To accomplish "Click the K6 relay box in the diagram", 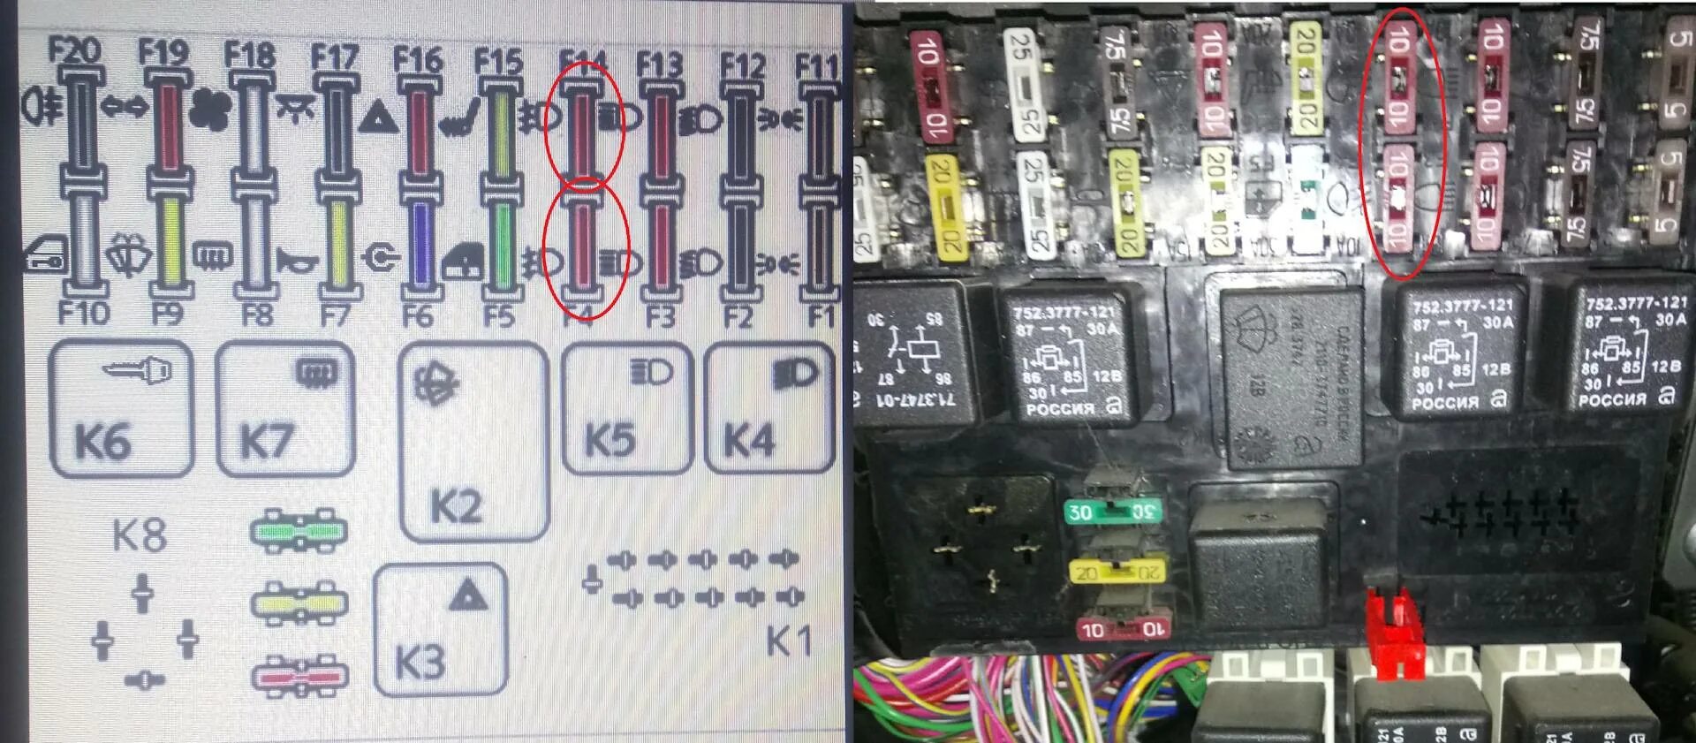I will (x=122, y=408).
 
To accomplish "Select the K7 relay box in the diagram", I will (x=285, y=409).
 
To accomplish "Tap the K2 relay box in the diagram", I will (x=473, y=442).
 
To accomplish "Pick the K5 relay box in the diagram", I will (x=627, y=409).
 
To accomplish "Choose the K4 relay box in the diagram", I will (x=769, y=408).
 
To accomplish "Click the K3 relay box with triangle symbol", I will (x=441, y=629).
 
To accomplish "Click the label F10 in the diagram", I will (x=83, y=313).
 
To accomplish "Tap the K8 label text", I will (x=140, y=535).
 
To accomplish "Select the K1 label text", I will (x=788, y=641).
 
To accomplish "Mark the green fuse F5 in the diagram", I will (x=502, y=243).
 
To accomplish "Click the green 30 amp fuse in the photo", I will (x=1111, y=512).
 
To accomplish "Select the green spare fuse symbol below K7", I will (x=299, y=530).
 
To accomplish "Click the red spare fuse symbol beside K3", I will (x=299, y=677).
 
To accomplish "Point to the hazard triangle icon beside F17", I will (x=379, y=118).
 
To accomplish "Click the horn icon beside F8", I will (x=297, y=259).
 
